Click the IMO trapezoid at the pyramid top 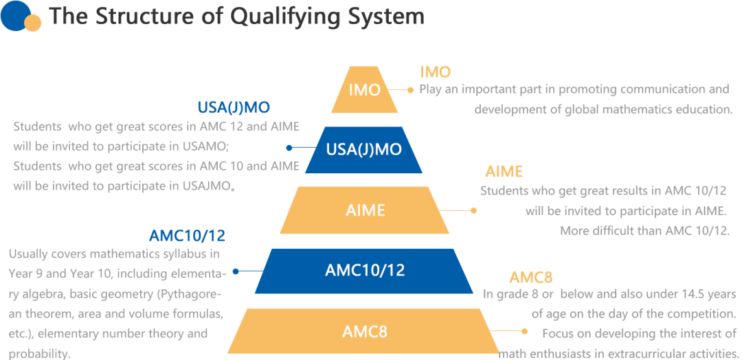364,89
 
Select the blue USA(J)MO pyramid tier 364,150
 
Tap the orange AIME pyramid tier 364,210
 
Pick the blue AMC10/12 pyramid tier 364,271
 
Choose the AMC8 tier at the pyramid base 364,331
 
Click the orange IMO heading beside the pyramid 436,72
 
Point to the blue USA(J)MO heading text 234,108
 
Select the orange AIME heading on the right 504,171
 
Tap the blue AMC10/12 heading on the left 188,236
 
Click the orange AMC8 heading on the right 531,278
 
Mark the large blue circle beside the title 16,16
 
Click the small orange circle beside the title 33,23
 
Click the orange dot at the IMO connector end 410,89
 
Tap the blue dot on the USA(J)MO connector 289,148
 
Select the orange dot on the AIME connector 473,210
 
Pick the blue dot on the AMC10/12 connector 236,271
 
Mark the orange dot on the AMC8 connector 524,332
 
